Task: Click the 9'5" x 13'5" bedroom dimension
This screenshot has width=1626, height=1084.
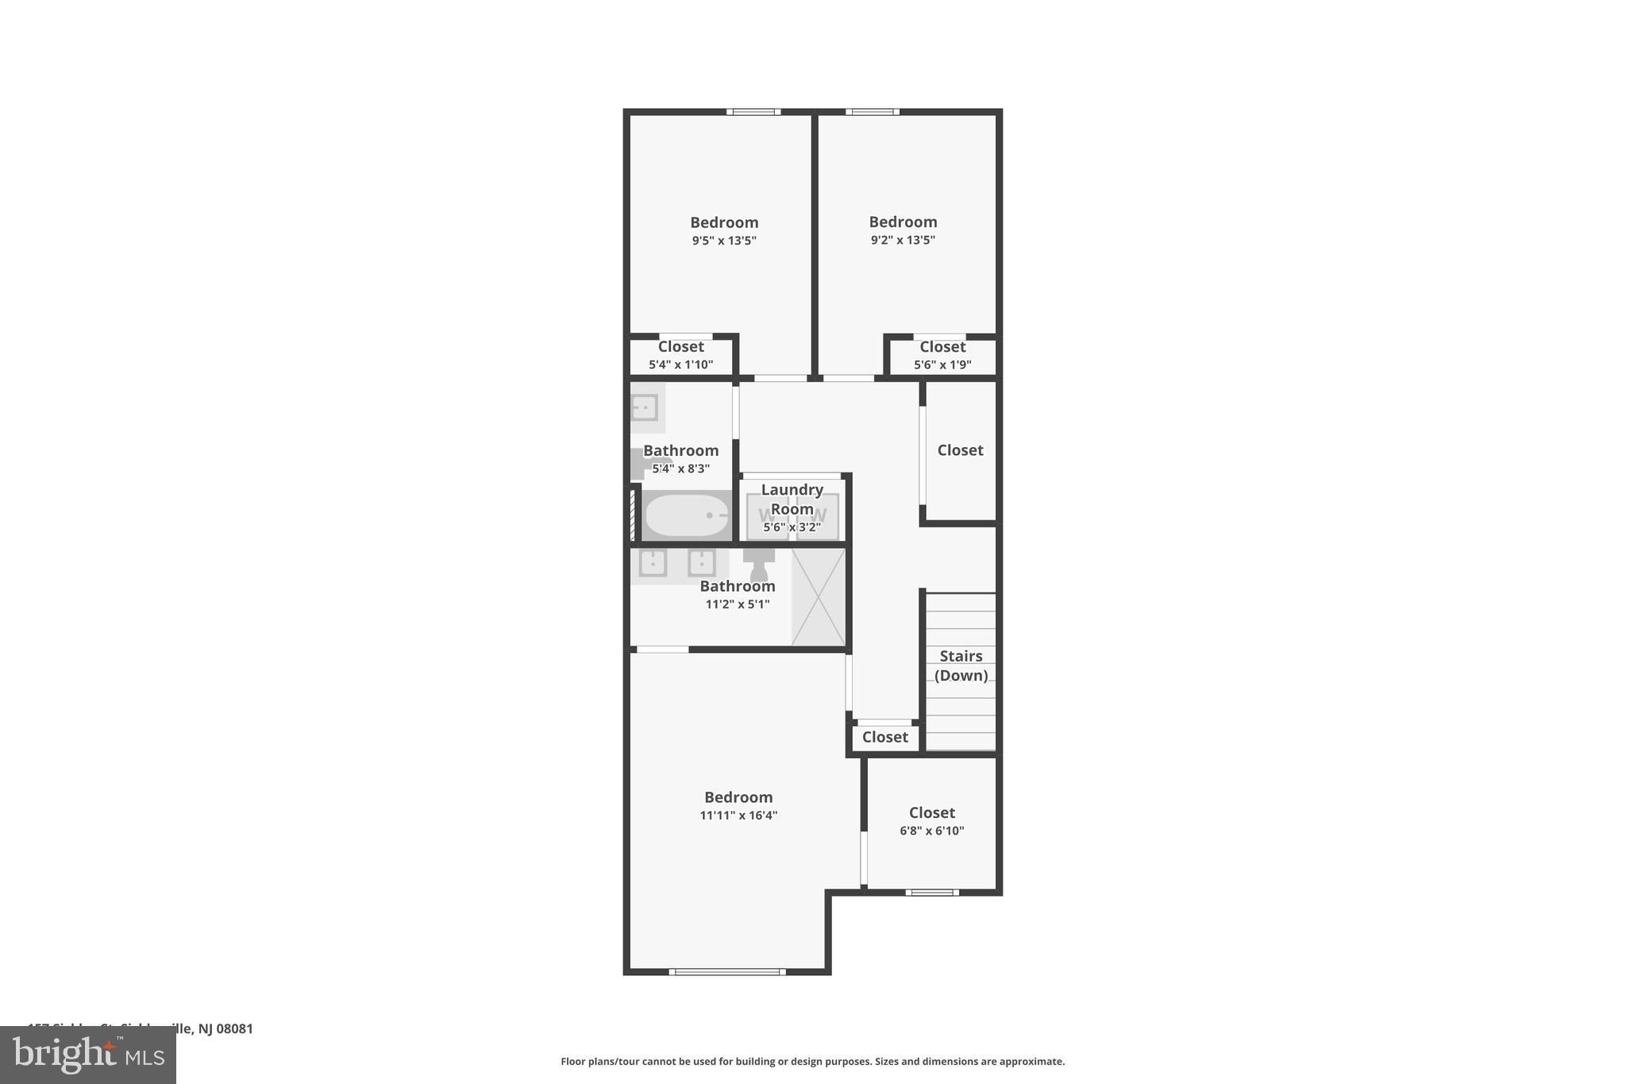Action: (724, 241)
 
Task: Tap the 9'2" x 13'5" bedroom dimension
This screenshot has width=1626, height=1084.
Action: (903, 240)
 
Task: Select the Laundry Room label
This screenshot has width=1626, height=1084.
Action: (792, 499)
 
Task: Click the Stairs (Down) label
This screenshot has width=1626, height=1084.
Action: (961, 665)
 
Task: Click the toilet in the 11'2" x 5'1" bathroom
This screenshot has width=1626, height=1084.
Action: (759, 565)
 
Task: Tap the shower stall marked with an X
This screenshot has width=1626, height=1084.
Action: (819, 596)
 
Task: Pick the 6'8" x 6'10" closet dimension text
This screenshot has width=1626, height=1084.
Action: (931, 831)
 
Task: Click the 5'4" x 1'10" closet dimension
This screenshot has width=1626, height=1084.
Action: (680, 365)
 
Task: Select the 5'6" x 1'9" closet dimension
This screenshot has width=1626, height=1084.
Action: (942, 365)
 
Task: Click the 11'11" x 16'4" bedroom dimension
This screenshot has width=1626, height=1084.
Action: (738, 816)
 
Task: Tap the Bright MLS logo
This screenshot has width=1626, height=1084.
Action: (88, 1055)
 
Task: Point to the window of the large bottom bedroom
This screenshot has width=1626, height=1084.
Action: (727, 971)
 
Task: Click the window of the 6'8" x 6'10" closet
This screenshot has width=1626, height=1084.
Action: (932, 893)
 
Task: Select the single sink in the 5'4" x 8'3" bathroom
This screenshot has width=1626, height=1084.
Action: (644, 407)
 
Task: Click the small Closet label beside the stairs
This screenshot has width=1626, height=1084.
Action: (884, 737)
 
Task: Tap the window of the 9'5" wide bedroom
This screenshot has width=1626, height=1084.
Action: (753, 112)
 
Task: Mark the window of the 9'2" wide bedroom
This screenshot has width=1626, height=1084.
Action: (872, 112)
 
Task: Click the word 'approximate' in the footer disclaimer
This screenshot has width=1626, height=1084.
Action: (1031, 1062)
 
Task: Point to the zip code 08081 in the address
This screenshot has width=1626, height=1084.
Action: (235, 1028)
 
